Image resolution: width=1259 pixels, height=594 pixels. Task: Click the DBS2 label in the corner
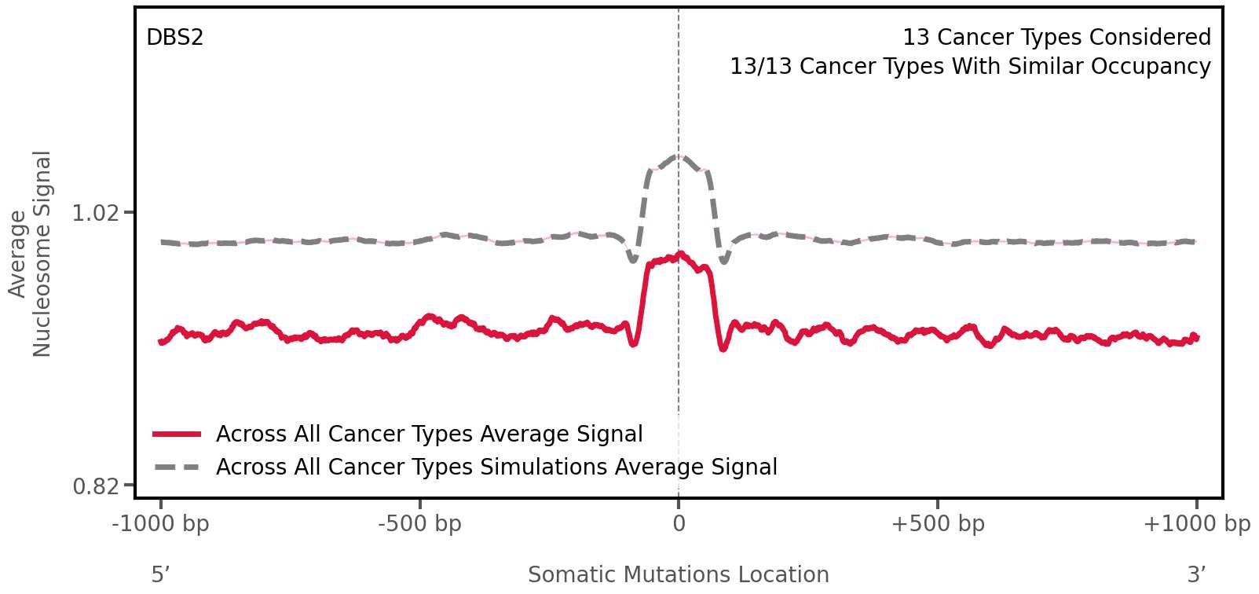point(174,38)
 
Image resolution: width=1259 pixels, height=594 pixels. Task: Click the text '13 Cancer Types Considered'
point(1056,38)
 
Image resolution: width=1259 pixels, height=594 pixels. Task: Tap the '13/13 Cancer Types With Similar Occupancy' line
point(970,67)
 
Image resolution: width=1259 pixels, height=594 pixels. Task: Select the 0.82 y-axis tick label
point(95,487)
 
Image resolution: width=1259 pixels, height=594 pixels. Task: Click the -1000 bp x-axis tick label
point(160,524)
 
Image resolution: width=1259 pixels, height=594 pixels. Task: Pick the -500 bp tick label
point(419,524)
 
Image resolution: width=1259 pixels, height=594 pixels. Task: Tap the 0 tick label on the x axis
point(679,524)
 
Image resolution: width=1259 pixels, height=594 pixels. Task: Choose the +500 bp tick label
point(937,524)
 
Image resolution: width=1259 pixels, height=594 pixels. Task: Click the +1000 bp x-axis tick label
point(1196,524)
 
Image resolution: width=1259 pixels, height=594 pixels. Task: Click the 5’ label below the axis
point(160,575)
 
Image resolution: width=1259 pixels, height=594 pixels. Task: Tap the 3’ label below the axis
point(1196,575)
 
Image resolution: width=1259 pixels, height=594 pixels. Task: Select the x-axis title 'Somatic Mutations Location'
point(678,575)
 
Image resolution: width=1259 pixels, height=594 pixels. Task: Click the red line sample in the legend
point(178,434)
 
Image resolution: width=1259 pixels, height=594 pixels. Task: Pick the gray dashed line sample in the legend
point(178,467)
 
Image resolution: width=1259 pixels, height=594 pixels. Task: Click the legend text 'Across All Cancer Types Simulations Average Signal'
point(496,467)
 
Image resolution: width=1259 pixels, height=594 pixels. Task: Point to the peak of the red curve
point(680,254)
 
